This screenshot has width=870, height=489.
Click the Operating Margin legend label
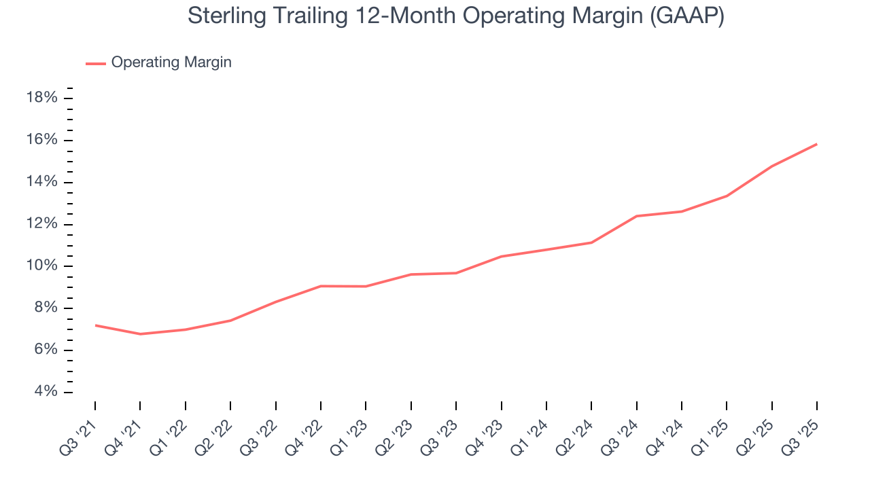point(171,62)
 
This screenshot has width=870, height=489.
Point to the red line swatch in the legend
point(95,63)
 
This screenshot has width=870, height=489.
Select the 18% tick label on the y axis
point(41,98)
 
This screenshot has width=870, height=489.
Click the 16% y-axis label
point(41,140)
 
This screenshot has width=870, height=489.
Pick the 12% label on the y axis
point(41,224)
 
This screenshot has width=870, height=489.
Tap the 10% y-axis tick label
point(41,266)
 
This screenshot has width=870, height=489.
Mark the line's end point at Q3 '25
point(816,144)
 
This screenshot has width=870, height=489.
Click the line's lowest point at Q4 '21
point(140,334)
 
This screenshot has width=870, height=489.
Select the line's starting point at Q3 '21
point(95,325)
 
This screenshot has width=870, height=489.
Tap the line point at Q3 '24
point(636,216)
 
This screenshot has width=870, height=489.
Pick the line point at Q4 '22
point(321,286)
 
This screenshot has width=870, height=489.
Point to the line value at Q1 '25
point(727,196)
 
